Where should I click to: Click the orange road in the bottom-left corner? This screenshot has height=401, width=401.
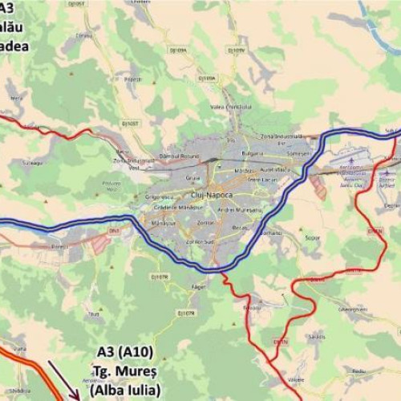coord(32,368)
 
